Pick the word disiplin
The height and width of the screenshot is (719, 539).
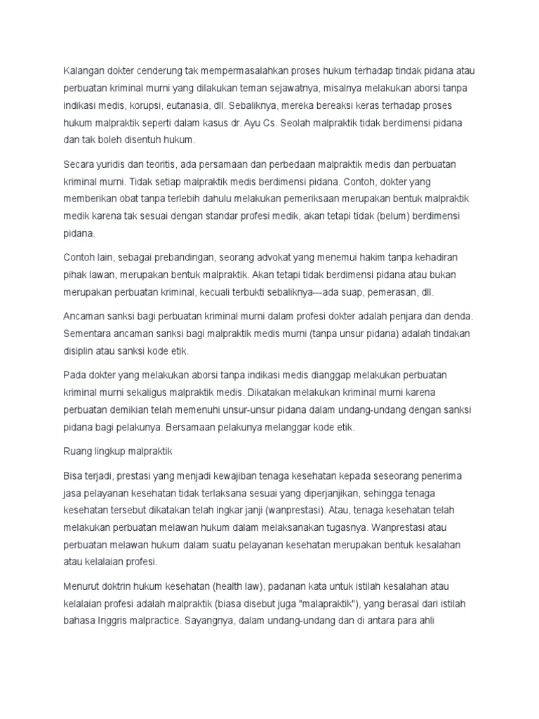[x=79, y=350]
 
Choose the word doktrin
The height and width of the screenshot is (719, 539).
[x=119, y=586]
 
